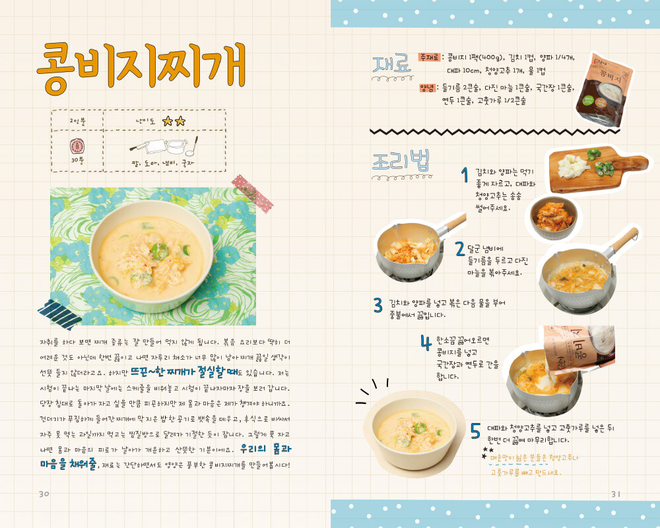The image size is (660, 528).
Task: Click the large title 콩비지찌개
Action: [141, 67]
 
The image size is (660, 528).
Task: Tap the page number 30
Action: [44, 494]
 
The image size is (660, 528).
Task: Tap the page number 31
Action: [616, 494]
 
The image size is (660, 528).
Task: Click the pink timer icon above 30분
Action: [77, 146]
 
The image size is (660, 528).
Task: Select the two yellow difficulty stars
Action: [174, 121]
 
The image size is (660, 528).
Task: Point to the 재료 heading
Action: [392, 65]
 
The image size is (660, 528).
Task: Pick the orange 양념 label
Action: [427, 88]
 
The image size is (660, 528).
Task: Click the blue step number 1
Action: [465, 175]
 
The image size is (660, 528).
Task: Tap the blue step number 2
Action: [460, 249]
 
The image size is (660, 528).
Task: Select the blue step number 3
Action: [378, 306]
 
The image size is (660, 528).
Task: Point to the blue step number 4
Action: [426, 343]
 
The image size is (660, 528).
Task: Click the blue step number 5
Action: [475, 431]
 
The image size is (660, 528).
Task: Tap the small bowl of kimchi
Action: [554, 217]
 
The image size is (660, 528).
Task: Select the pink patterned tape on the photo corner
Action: [253, 193]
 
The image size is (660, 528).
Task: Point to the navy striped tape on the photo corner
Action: [59, 314]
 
